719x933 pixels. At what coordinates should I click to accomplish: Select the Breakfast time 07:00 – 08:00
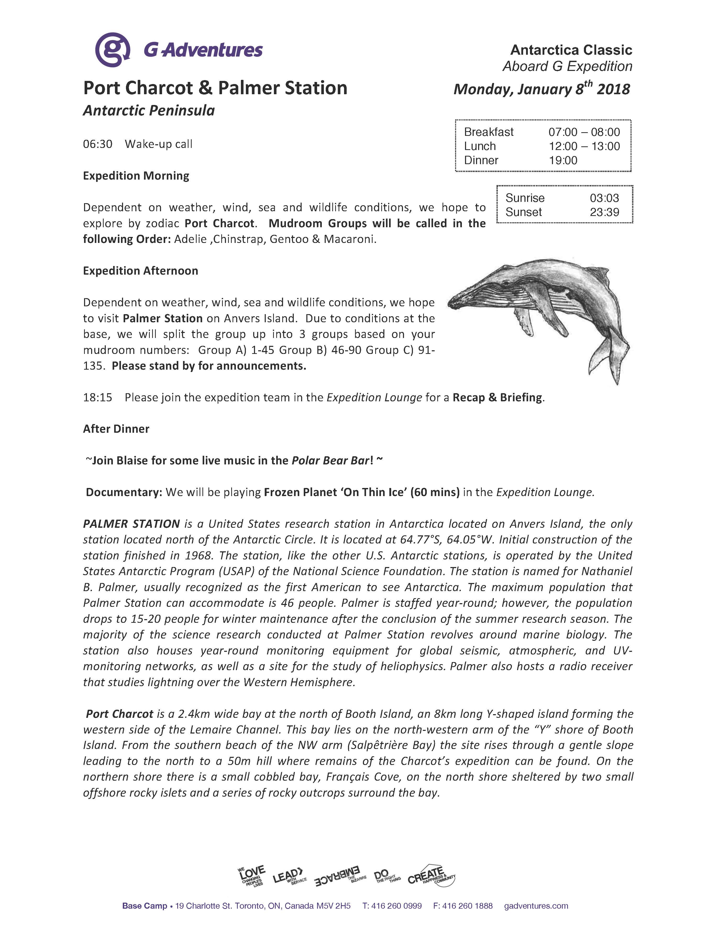[584, 132]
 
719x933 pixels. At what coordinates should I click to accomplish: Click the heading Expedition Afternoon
[141, 271]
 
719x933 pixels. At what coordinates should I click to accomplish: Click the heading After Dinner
[116, 429]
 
